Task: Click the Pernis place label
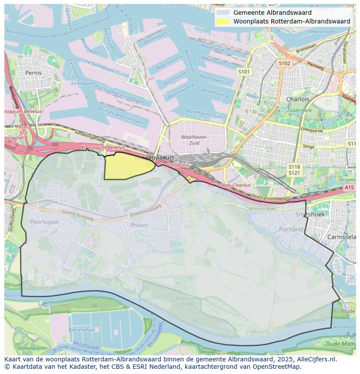coord(33,73)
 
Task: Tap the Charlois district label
coord(298,99)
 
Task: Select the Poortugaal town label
coord(44,222)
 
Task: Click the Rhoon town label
coord(139,225)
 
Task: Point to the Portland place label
coord(291,229)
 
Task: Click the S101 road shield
coord(244,72)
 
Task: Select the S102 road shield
coord(284,63)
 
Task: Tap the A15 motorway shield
coord(349,187)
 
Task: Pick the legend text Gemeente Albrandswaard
coord(272,13)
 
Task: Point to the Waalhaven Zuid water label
coord(204,116)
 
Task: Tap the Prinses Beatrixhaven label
coord(121,116)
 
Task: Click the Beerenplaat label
coord(82,330)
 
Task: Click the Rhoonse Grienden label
coord(185,301)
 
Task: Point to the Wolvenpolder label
coord(33,348)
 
